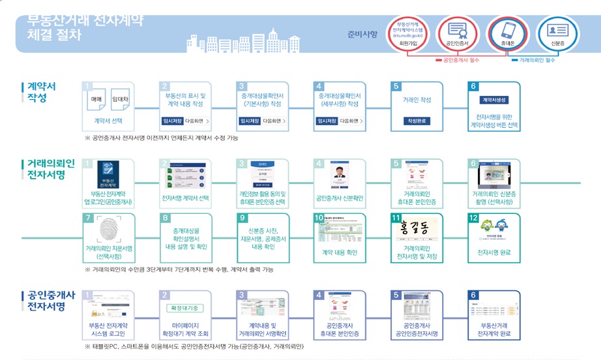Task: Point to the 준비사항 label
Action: tap(362, 35)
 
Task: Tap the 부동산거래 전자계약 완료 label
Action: tap(495, 329)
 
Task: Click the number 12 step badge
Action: tap(475, 218)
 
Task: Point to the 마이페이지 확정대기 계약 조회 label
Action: tap(186, 329)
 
